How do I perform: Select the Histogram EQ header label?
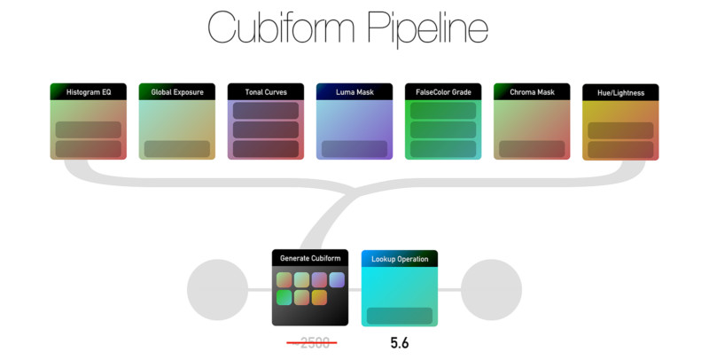pyautogui.click(x=88, y=91)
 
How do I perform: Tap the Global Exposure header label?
pyautogui.click(x=176, y=91)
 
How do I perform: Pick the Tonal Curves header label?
pyautogui.click(x=265, y=91)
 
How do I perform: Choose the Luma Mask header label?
pyautogui.click(x=354, y=91)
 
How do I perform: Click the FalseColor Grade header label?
pyautogui.click(x=442, y=91)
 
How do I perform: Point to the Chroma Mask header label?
pyautogui.click(x=531, y=91)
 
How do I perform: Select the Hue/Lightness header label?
pyautogui.click(x=619, y=92)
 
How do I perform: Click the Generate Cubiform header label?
pyautogui.click(x=309, y=258)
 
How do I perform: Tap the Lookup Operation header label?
pyautogui.click(x=399, y=259)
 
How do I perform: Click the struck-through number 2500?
pyautogui.click(x=311, y=343)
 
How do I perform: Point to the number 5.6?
pyautogui.click(x=399, y=343)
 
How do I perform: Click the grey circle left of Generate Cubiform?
pyautogui.click(x=217, y=289)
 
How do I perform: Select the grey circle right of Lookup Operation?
pyautogui.click(x=491, y=289)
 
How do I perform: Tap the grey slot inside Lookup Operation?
pyautogui.click(x=399, y=316)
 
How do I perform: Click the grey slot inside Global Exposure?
pyautogui.click(x=176, y=148)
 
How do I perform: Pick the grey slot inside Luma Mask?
pyautogui.click(x=354, y=148)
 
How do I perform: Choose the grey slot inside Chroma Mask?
pyautogui.click(x=531, y=148)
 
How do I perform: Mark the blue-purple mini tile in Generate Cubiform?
pyautogui.click(x=337, y=280)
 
